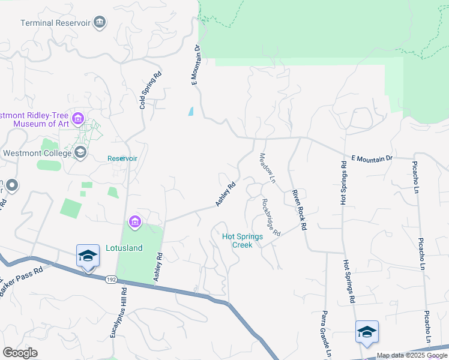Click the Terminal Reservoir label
click(55, 23)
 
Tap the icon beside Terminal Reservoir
click(100, 23)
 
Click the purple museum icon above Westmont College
click(77, 119)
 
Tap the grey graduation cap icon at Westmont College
click(80, 153)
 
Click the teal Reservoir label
click(122, 158)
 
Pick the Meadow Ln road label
click(267, 168)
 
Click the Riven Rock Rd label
click(299, 210)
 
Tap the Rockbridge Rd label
click(271, 217)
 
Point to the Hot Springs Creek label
click(243, 241)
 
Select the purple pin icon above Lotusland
click(135, 223)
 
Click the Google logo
click(20, 352)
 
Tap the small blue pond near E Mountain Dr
click(191, 111)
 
